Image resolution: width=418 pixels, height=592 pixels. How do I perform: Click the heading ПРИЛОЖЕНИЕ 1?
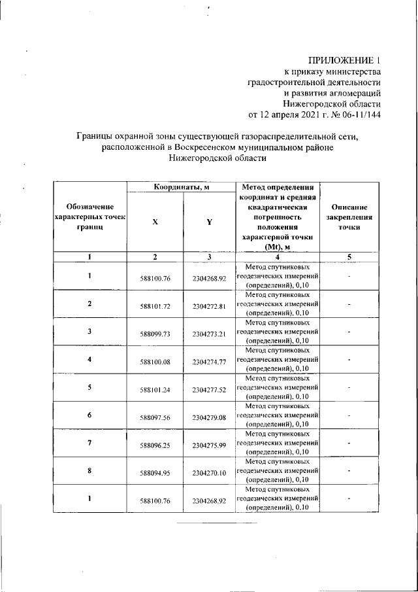coord(344,60)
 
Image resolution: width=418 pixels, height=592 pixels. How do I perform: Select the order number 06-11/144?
coord(359,114)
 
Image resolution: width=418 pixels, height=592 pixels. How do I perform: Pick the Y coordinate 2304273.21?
coord(209,334)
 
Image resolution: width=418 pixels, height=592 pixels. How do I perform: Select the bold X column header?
coord(155,222)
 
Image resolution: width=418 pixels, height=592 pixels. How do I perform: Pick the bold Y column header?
coord(209,222)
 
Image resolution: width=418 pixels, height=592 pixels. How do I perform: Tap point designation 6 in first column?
coord(89,415)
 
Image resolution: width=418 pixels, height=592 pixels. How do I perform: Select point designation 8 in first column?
coord(89,470)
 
